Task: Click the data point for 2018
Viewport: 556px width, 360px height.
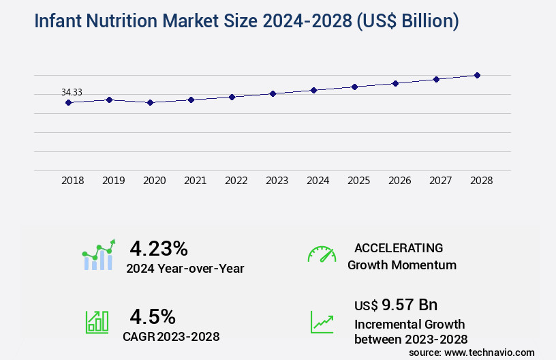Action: tap(68, 102)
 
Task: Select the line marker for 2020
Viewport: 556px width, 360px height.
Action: tap(150, 102)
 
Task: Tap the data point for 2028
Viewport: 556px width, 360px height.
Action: tap(477, 75)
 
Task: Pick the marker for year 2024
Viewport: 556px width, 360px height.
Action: tap(313, 90)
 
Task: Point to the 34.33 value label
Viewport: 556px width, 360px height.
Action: tap(72, 92)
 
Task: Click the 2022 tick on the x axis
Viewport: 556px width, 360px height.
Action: tap(236, 181)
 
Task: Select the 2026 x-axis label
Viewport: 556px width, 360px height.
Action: tap(399, 181)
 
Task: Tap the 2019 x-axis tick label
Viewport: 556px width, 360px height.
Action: tap(113, 181)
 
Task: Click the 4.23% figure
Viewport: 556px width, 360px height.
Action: tap(159, 247)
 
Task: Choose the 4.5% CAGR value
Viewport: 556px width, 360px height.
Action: tap(153, 316)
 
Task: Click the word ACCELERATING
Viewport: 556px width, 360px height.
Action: tap(399, 247)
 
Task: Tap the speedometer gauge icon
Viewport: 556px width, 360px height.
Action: tap(322, 254)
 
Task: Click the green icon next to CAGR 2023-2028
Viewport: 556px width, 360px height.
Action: tap(97, 322)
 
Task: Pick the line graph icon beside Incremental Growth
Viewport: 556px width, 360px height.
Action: tap(322, 322)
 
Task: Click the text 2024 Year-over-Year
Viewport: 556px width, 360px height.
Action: tap(185, 269)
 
